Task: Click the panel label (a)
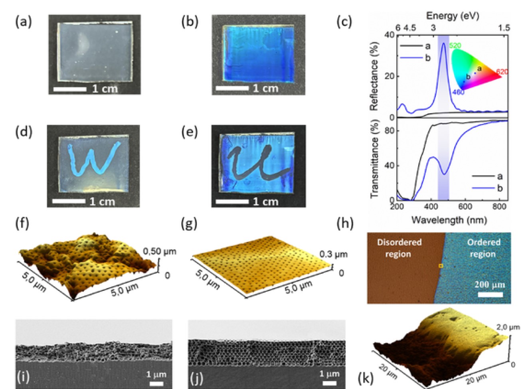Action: pyautogui.click(x=23, y=22)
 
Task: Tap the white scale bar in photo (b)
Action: pyautogui.click(x=232, y=88)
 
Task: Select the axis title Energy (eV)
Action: pyautogui.click(x=453, y=16)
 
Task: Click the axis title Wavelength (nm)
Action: pyautogui.click(x=449, y=219)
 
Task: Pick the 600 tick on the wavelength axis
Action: pyautogui.click(x=465, y=207)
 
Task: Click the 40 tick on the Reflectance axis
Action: pyautogui.click(x=390, y=35)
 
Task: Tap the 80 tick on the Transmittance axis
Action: pyautogui.click(x=389, y=130)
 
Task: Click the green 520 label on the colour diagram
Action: pyautogui.click(x=455, y=46)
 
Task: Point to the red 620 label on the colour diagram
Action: pyautogui.click(x=502, y=72)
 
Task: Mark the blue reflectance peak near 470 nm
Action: pyautogui.click(x=444, y=43)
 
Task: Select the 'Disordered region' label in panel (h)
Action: pyautogui.click(x=399, y=248)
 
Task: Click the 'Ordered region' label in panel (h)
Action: pyautogui.click(x=483, y=248)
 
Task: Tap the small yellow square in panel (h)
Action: pyautogui.click(x=441, y=266)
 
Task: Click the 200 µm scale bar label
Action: pyautogui.click(x=490, y=285)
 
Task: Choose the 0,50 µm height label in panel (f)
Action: pyautogui.click(x=159, y=251)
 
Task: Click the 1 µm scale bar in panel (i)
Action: pyautogui.click(x=156, y=383)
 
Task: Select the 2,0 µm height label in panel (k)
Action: pyautogui.click(x=508, y=327)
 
